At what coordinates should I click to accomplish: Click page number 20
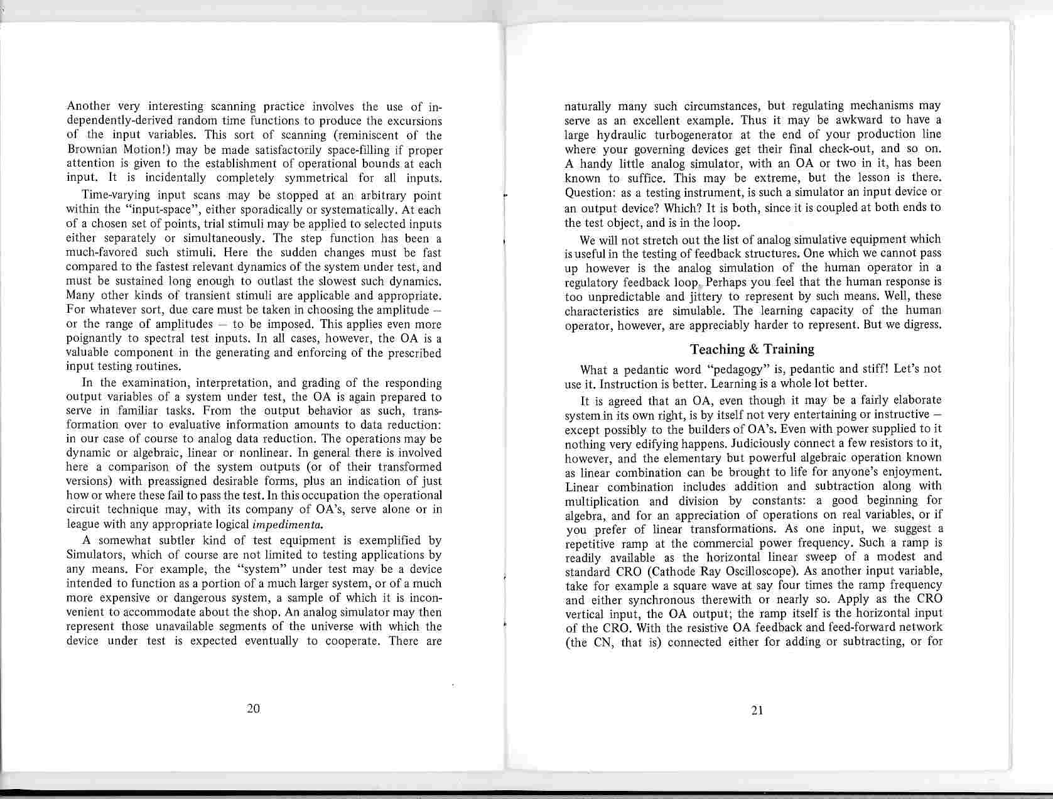point(254,709)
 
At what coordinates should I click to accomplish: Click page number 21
point(757,710)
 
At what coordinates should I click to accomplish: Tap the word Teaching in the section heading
point(716,349)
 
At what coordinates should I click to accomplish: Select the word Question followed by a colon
point(587,192)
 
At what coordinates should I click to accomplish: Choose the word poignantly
point(95,339)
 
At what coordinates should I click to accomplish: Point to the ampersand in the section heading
point(751,349)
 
